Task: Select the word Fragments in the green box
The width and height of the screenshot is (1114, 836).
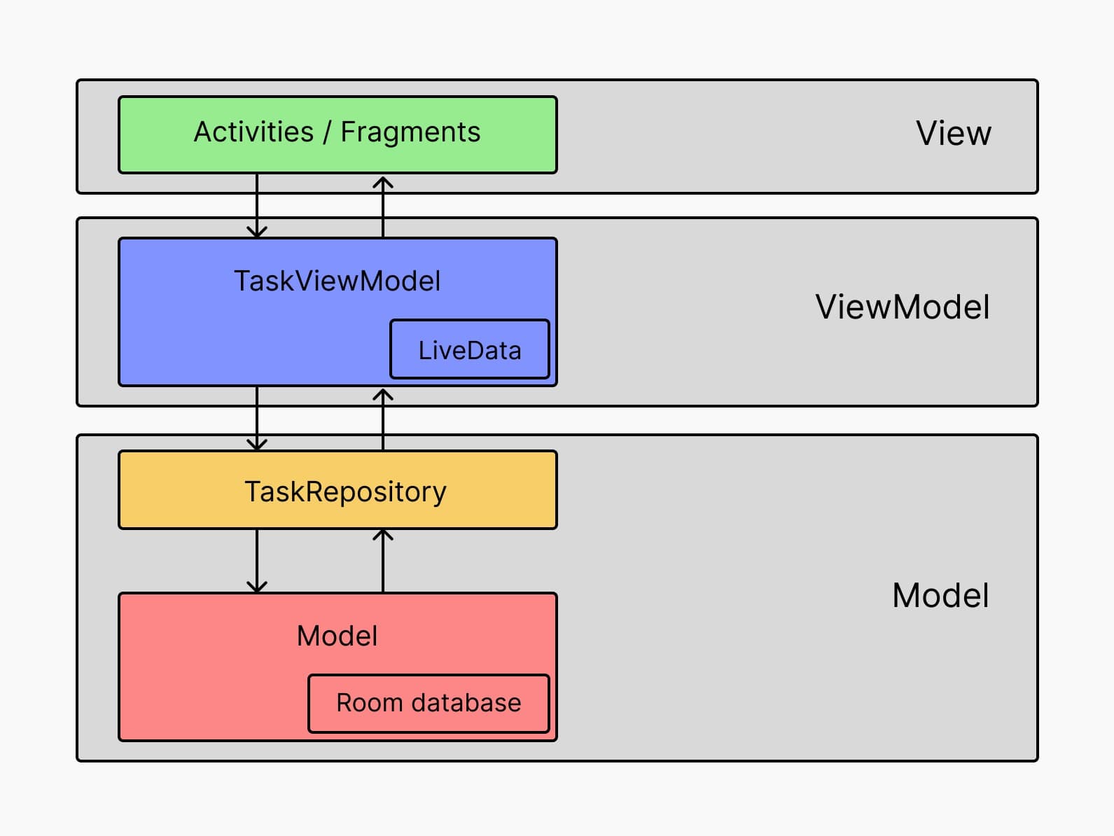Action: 410,132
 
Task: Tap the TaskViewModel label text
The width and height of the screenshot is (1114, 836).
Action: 337,281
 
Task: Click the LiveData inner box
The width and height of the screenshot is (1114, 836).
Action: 470,350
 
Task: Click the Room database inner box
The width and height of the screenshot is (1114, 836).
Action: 429,703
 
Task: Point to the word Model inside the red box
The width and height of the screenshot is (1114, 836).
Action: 337,636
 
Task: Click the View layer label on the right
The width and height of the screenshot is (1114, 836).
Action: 953,134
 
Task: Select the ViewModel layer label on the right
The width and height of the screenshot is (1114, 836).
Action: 902,307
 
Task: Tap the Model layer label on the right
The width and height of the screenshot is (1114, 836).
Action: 940,596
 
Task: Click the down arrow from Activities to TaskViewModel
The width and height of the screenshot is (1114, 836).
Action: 257,206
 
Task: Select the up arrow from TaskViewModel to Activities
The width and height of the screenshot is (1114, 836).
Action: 383,206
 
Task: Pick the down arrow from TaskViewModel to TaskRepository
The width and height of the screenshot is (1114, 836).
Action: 257,419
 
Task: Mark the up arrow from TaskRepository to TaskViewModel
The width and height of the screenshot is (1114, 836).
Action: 383,419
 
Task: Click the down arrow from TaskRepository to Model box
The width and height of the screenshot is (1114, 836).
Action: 257,561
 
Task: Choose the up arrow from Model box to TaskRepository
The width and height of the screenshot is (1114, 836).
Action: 383,561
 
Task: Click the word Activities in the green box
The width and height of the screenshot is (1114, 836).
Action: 253,132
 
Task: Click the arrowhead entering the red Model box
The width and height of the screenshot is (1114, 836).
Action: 257,587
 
